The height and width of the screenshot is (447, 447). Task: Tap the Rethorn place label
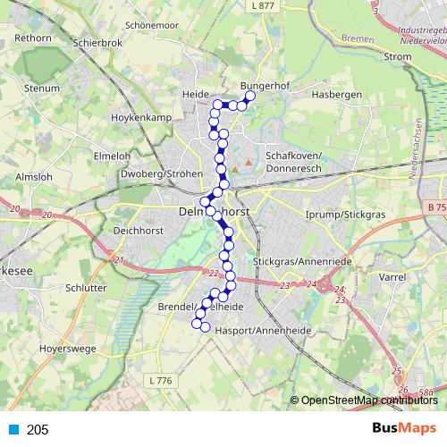pos(32,38)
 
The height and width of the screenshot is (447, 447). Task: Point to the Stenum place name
pos(42,89)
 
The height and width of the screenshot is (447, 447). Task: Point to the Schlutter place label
pos(84,289)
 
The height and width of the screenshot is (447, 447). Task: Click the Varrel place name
pos(392,277)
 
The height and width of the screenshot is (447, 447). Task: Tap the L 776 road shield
pos(160,381)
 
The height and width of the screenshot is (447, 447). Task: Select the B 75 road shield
pos(435,207)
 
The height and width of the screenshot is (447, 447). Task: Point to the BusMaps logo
pos(405,429)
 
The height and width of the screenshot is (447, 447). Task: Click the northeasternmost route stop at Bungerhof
pos(250,96)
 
